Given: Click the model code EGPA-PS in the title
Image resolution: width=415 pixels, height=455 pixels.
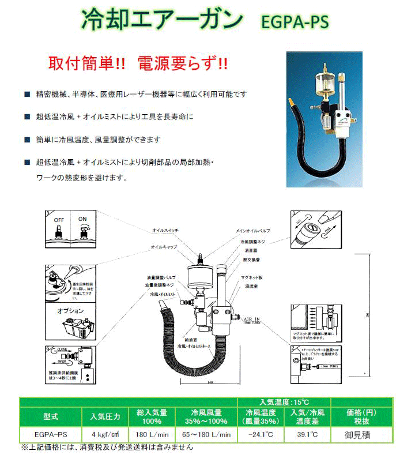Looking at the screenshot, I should point(295,22).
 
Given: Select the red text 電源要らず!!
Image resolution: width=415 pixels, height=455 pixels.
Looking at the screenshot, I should point(180,63).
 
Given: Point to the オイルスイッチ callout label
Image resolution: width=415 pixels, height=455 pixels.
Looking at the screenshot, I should point(166,230).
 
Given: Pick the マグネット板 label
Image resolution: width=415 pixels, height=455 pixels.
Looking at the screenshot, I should point(252,277).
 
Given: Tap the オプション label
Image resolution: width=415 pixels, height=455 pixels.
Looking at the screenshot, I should point(70,311).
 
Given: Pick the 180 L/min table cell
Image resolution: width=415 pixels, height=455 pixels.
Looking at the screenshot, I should point(152,434).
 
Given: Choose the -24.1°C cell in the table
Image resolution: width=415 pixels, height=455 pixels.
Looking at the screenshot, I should point(261,434).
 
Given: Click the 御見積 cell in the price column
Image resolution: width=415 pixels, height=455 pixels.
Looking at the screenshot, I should point(362,434).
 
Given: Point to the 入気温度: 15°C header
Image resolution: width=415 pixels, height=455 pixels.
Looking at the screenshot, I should point(283,401).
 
